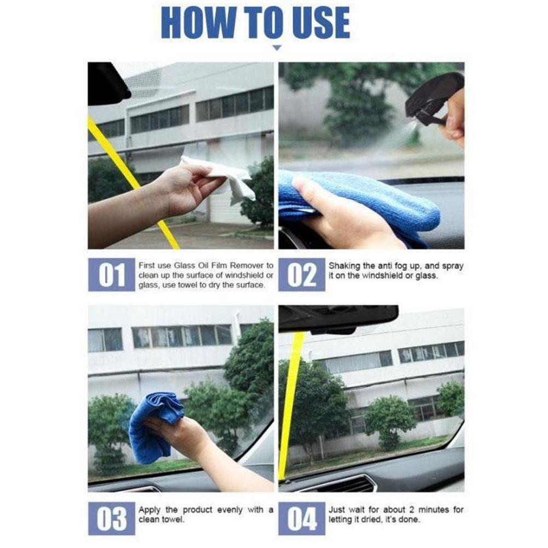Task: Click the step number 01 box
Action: tap(112, 275)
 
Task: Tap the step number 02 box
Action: tap(302, 275)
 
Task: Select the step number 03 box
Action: tap(112, 518)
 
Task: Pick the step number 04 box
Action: tap(302, 518)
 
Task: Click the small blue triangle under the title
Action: tap(277, 48)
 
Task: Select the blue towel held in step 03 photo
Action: tap(154, 426)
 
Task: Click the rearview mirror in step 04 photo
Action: tap(338, 319)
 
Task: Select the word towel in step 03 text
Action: tap(171, 520)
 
